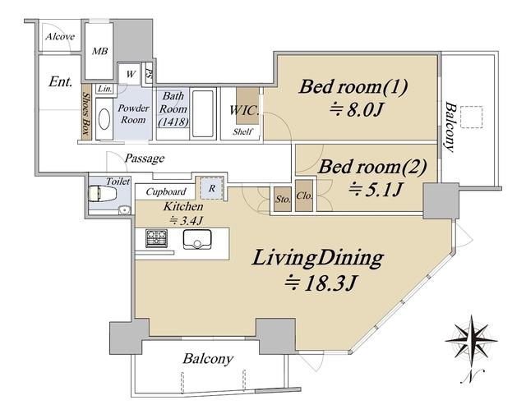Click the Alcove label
point(60,36)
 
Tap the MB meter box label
point(100,51)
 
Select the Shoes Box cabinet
point(85,112)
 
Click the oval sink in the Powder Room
point(104,118)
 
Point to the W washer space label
point(131,74)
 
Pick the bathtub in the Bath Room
point(203,113)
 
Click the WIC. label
point(244,110)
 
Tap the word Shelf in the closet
point(242,131)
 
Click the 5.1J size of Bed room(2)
point(375,190)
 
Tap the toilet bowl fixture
point(102,193)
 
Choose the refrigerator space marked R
point(212,188)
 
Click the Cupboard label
point(166,191)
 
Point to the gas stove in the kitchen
point(156,238)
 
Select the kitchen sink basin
point(197,239)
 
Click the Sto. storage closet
point(283,199)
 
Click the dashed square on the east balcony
point(471,117)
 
